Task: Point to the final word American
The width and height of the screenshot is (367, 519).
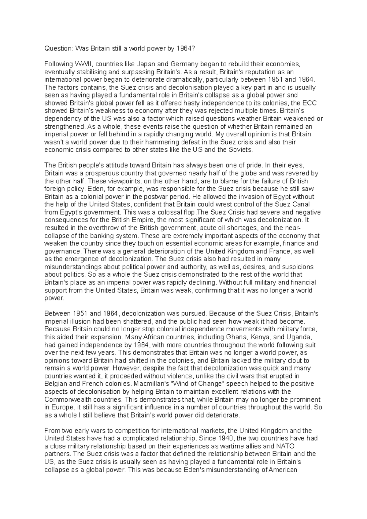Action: [283, 469]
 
